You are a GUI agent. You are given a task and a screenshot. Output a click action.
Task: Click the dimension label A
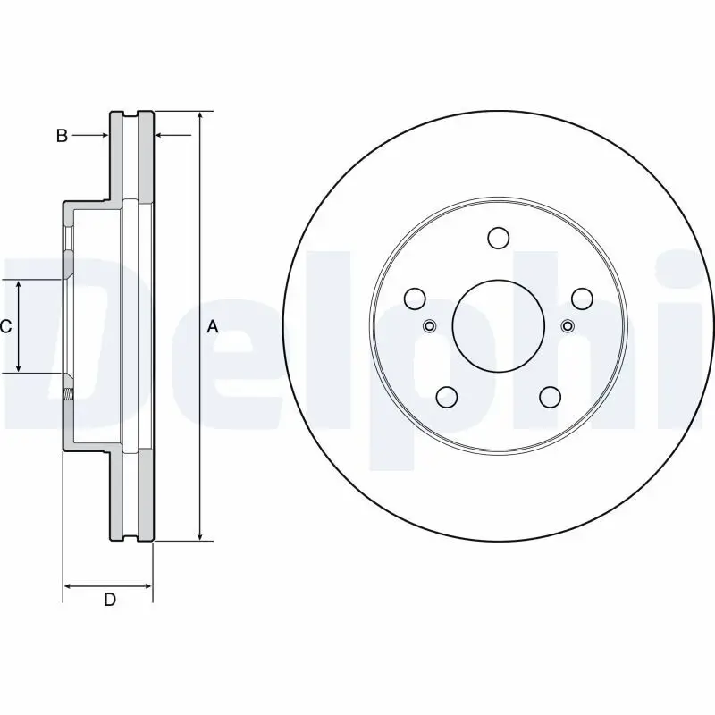click(213, 327)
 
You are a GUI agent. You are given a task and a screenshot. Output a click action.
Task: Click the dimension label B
click(62, 136)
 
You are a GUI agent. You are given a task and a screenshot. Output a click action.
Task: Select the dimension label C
click(5, 327)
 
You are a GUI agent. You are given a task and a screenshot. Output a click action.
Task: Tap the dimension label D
click(109, 600)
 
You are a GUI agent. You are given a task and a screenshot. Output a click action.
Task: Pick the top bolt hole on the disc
click(498, 238)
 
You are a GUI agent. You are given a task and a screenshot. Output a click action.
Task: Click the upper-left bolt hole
click(415, 299)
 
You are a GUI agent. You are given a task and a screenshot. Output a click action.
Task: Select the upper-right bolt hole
click(581, 299)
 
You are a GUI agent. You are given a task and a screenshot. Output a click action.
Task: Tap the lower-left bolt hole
click(446, 397)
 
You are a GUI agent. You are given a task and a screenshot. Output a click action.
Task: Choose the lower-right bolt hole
click(550, 397)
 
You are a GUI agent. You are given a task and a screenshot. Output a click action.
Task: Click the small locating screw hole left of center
click(429, 325)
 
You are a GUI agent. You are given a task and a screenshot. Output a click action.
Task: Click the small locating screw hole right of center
click(567, 325)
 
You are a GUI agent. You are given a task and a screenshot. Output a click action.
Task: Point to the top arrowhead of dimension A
click(199, 117)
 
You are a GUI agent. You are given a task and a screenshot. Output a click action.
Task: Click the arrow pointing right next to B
click(103, 136)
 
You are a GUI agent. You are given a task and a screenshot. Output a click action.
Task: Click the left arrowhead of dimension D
click(69, 586)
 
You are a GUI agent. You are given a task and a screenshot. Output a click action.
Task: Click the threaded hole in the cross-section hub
click(68, 391)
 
